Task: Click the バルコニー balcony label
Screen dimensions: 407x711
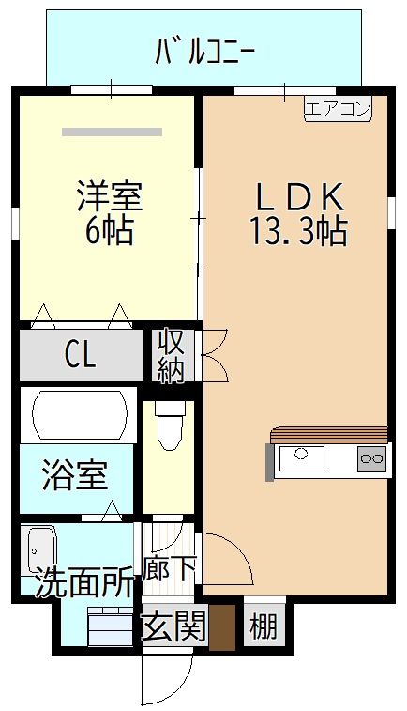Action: coord(204,52)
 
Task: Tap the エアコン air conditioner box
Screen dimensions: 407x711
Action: coord(338,109)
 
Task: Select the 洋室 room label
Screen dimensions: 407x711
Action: coord(110,195)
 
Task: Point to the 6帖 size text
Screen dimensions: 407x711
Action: coord(109,230)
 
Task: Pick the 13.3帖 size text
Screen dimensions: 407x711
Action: coord(299,230)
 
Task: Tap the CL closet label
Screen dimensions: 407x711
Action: coord(80,354)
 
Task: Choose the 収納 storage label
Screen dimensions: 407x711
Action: coord(171,355)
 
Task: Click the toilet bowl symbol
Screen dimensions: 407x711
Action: coord(170,425)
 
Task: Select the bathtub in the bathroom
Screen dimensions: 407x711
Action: coord(79,414)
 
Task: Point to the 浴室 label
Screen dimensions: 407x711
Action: coord(75,474)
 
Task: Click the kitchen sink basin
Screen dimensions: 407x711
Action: coord(302,458)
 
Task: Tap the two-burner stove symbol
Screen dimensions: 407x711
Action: coord(372,459)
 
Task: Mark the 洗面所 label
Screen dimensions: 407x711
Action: coord(84,581)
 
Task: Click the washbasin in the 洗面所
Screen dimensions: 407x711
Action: coord(41,549)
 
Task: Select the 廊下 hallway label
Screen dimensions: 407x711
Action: coord(169,568)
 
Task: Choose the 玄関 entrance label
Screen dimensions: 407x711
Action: coord(174,626)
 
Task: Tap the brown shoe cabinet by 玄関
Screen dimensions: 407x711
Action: coord(222,627)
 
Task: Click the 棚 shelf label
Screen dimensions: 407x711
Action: coord(264,626)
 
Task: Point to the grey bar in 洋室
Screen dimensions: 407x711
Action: coord(112,131)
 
